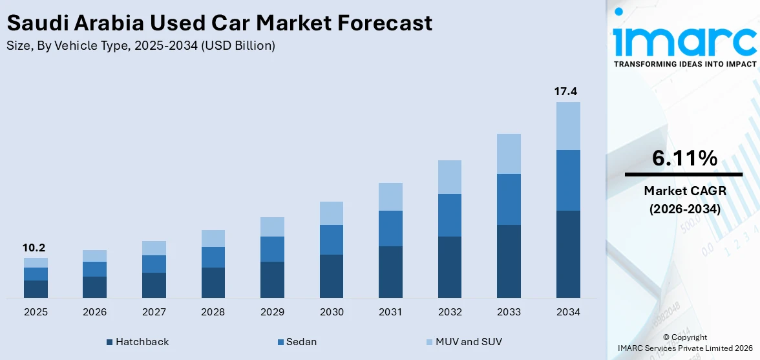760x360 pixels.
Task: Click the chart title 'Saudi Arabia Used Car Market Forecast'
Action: click(x=219, y=23)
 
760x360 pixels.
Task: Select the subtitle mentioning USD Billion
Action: click(x=140, y=46)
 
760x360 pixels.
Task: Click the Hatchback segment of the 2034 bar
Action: click(x=568, y=254)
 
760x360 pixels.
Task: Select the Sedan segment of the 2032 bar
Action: click(x=450, y=215)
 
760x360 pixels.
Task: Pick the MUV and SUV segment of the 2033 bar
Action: click(x=509, y=154)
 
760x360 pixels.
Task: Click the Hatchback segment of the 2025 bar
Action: click(x=36, y=289)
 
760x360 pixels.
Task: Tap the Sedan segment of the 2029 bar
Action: click(x=272, y=249)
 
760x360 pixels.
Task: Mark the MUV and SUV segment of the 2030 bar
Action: click(x=332, y=213)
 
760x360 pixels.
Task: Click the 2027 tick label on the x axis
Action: click(x=154, y=312)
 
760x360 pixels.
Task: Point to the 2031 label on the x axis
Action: click(x=390, y=312)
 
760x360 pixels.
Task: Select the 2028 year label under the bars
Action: click(x=213, y=312)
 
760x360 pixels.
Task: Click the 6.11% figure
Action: click(x=684, y=158)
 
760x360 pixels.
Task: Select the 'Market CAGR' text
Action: click(x=684, y=191)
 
